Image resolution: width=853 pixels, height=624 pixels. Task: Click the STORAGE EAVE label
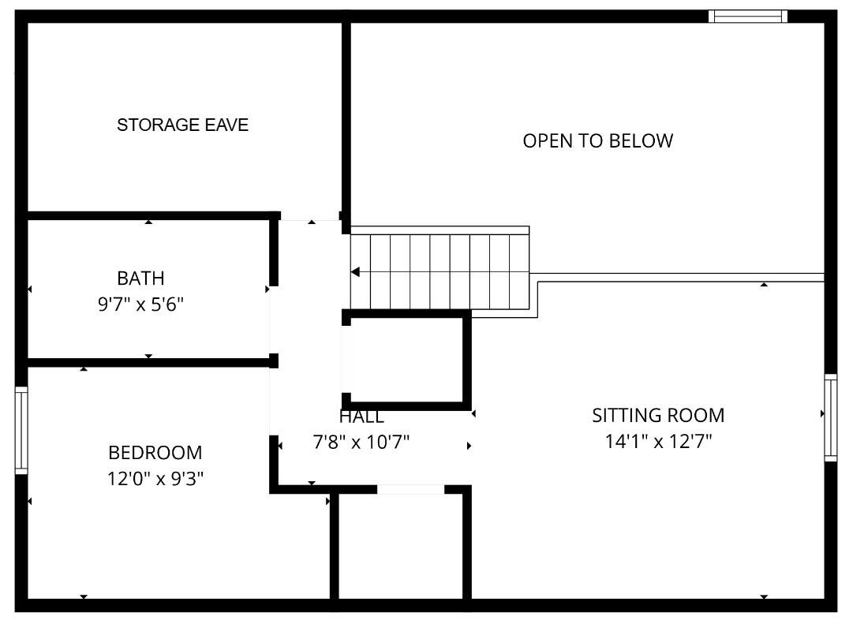click(x=182, y=125)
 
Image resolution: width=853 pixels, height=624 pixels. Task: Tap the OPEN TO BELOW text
click(x=597, y=141)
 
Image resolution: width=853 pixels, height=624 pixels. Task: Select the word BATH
click(x=140, y=278)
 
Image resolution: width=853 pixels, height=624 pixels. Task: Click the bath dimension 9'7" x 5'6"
click(x=140, y=305)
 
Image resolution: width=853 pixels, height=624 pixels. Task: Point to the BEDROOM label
click(x=155, y=453)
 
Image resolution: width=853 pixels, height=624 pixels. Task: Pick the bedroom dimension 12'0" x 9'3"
click(x=155, y=478)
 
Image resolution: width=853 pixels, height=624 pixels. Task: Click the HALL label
click(x=361, y=417)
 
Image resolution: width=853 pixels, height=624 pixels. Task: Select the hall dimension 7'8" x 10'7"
click(x=361, y=443)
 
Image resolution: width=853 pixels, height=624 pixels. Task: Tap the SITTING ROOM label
click(x=658, y=416)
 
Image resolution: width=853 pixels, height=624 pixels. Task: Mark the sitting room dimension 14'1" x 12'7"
click(x=658, y=441)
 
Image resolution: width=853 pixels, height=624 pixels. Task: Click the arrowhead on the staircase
click(x=355, y=272)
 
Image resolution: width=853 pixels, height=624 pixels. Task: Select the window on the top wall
click(x=747, y=16)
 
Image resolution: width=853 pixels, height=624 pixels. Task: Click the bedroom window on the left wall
click(x=21, y=431)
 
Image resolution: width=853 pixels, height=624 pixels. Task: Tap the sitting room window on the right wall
click(x=830, y=417)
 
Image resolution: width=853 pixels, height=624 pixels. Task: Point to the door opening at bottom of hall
click(x=410, y=489)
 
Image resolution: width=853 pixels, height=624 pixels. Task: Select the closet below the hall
click(x=400, y=548)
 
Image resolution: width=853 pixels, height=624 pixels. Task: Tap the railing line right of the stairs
click(x=679, y=277)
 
